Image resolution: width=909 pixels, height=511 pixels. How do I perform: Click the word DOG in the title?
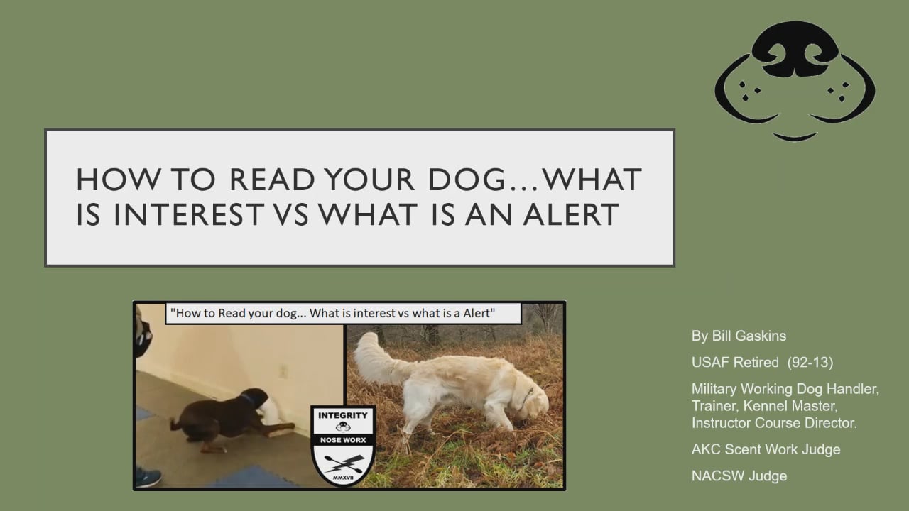pos(467,179)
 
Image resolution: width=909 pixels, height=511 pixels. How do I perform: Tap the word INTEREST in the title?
pos(188,214)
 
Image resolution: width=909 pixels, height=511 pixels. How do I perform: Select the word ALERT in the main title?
pos(570,214)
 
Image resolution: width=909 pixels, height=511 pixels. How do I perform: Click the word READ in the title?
pos(272,179)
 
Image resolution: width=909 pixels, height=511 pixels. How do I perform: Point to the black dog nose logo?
pos(795,81)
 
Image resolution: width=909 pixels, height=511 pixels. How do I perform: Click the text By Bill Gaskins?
pos(739,336)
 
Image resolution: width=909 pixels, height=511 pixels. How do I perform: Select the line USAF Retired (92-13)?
pos(762,362)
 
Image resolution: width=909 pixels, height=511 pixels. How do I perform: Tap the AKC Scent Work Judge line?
pos(766,449)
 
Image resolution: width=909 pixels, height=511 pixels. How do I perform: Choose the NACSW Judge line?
pos(739,476)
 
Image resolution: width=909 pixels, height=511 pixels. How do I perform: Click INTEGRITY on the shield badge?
pos(343,415)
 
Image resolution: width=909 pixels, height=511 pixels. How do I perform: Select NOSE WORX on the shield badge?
pos(343,440)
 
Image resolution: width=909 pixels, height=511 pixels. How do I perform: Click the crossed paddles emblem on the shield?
pos(343,463)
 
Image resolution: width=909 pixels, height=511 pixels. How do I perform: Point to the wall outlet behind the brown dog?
pos(283,371)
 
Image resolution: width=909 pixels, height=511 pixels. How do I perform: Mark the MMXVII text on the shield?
pos(343,478)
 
